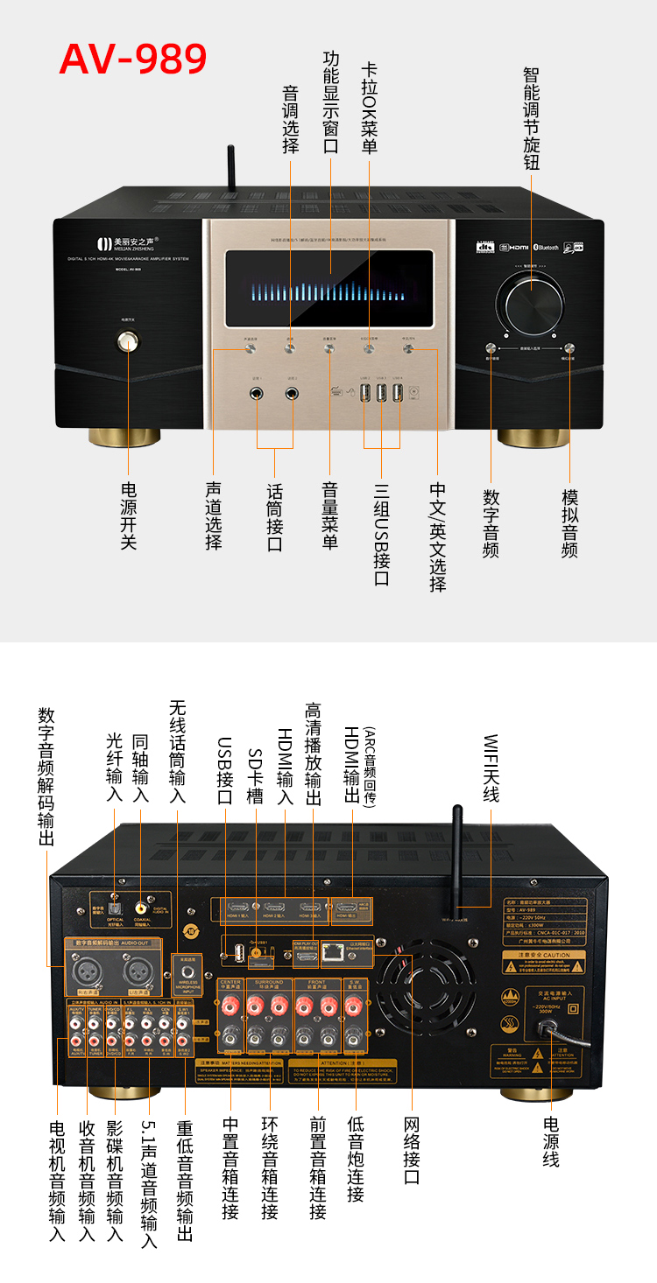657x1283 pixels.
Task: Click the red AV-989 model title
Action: click(133, 58)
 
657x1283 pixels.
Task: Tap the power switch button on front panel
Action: click(131, 341)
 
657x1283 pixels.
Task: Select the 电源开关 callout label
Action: click(129, 515)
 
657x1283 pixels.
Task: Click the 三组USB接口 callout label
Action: click(381, 534)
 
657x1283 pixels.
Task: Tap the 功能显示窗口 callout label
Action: click(330, 102)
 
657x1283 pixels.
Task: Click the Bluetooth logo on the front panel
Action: click(547, 248)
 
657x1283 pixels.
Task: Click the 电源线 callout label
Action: click(550, 1141)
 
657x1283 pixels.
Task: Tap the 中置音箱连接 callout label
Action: click(230, 1169)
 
